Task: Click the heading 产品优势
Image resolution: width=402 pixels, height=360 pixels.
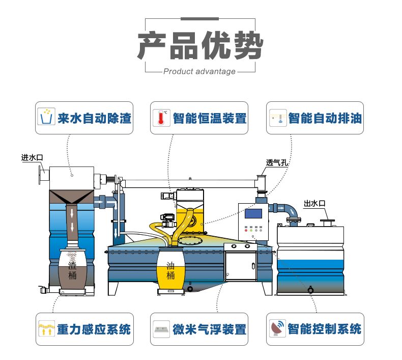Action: (200, 45)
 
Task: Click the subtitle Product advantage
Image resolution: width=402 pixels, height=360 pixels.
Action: (199, 72)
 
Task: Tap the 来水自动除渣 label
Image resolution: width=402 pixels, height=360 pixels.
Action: (95, 119)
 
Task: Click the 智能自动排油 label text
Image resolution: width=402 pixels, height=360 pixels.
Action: (325, 119)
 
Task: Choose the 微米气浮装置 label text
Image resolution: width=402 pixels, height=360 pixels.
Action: (209, 329)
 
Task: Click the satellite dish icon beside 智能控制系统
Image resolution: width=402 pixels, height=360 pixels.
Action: (277, 328)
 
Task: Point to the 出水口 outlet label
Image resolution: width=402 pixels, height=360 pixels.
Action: (314, 203)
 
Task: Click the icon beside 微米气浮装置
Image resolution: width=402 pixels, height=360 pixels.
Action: (162, 329)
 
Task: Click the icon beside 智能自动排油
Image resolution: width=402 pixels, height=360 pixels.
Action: (278, 118)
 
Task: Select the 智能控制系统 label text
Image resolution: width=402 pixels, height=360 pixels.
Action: (325, 328)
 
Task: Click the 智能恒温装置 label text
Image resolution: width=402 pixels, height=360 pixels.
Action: (209, 119)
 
